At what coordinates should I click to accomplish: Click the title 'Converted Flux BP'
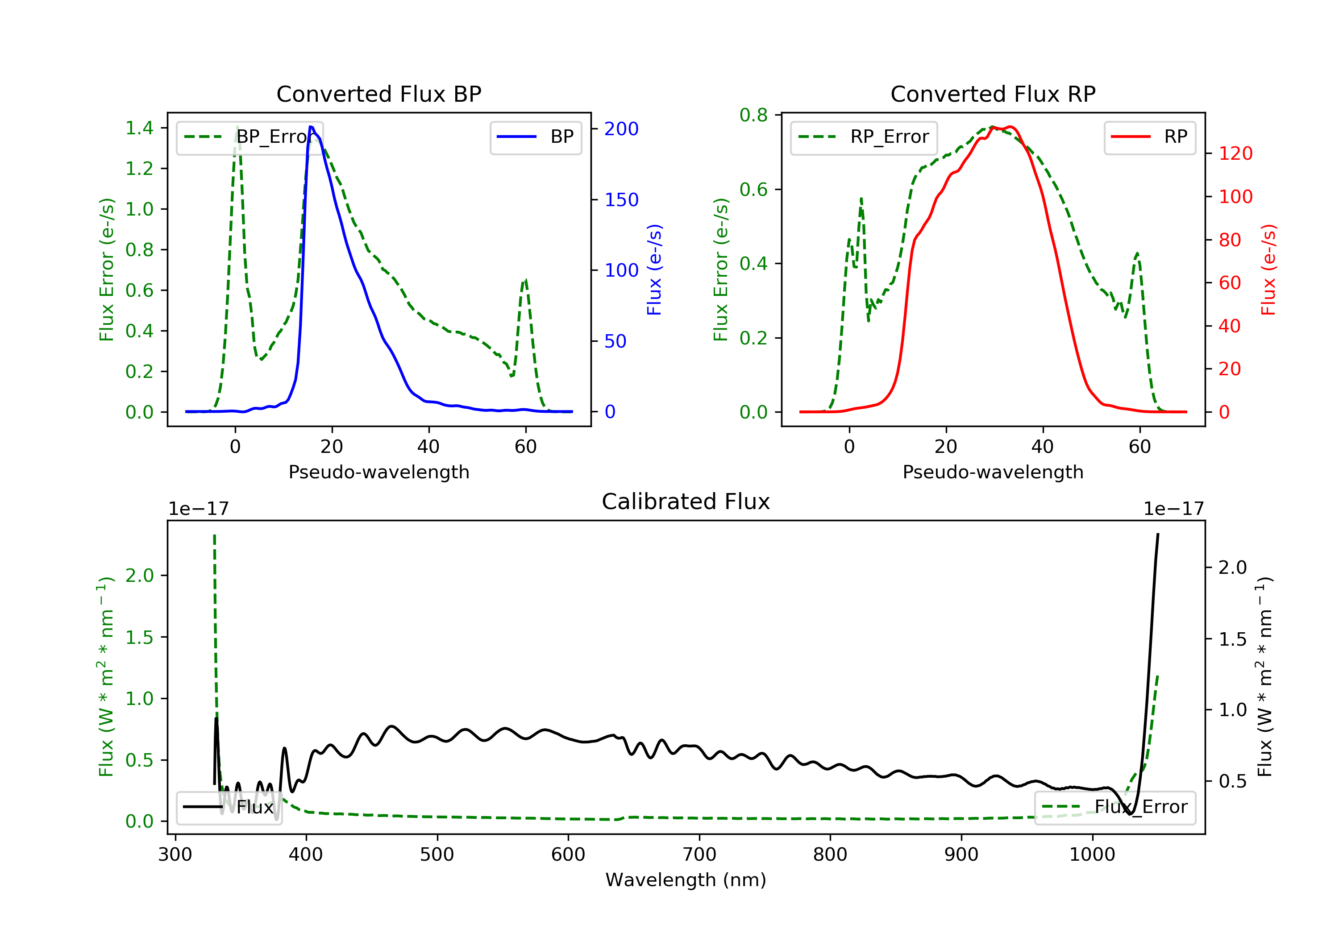(x=379, y=94)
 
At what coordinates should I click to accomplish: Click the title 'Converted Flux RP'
(x=993, y=94)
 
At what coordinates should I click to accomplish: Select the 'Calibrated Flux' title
(x=686, y=502)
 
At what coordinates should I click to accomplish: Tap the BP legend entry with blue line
(x=535, y=137)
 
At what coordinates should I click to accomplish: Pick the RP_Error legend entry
(x=863, y=137)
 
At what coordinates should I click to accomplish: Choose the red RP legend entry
(x=1149, y=137)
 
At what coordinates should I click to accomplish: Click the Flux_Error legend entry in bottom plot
(x=1114, y=807)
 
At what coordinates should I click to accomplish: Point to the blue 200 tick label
(x=621, y=129)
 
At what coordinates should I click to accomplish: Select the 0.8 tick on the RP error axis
(x=753, y=115)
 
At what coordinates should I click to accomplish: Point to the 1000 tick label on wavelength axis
(x=1092, y=855)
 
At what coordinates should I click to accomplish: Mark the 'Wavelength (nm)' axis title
(x=686, y=880)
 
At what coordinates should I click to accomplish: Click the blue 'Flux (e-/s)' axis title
(x=654, y=269)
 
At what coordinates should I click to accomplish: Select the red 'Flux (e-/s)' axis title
(x=1268, y=269)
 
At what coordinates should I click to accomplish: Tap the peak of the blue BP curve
(x=311, y=127)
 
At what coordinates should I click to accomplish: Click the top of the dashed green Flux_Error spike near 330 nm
(x=215, y=534)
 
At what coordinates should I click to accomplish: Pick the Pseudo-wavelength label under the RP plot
(x=993, y=472)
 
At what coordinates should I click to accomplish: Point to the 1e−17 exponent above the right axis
(x=1174, y=509)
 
